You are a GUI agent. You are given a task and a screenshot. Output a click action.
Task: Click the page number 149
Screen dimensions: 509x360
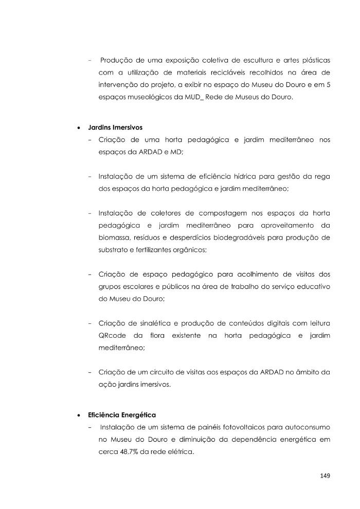pyautogui.click(x=323, y=476)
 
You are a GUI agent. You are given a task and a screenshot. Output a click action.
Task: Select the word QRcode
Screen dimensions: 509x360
pyautogui.click(x=112, y=336)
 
